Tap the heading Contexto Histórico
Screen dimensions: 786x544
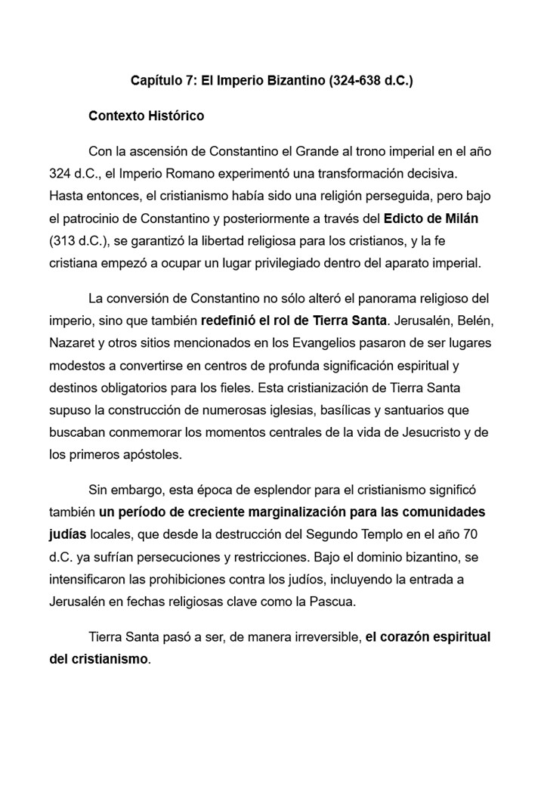(x=146, y=116)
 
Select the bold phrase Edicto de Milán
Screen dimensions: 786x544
(x=431, y=218)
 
